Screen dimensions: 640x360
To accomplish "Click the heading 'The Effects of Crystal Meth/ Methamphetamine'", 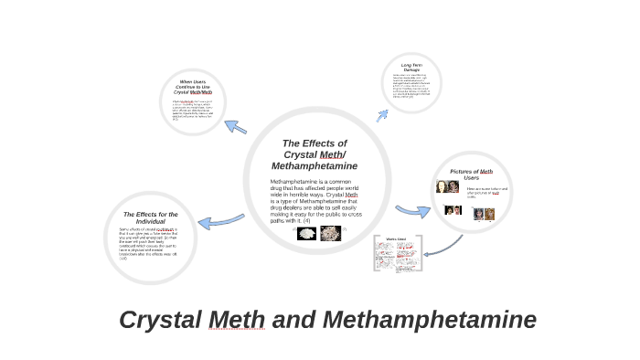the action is tap(315, 154).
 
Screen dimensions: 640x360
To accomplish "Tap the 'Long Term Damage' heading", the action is tap(411, 68).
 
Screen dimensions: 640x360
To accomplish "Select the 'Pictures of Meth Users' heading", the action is tap(471, 174).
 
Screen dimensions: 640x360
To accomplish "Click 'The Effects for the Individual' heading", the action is tap(150, 217).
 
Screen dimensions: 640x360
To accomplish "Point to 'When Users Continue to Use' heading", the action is tap(193, 87).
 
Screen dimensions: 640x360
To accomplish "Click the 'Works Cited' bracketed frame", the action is tap(396, 255).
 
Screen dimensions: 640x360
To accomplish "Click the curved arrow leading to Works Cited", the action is tap(449, 244).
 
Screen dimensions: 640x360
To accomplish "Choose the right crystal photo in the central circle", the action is tap(330, 232).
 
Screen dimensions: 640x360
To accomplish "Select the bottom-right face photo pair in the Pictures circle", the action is tap(484, 214).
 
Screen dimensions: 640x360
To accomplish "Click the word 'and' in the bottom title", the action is tap(294, 321).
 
